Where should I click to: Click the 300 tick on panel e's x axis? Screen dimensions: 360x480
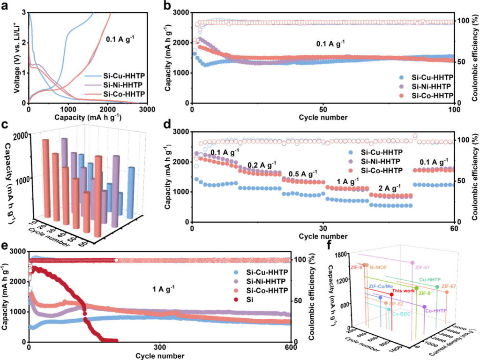(160, 347)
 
